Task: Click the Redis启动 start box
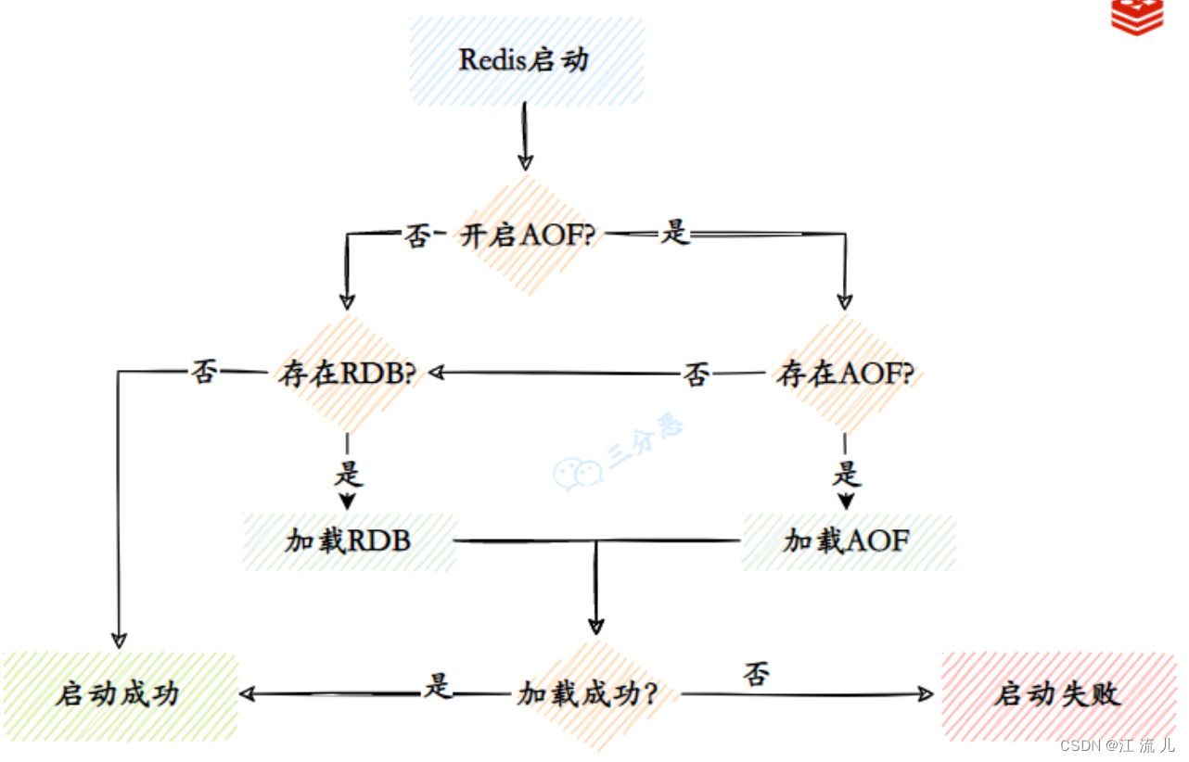tap(526, 61)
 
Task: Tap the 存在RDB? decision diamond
tap(347, 374)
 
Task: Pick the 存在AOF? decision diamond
tap(845, 374)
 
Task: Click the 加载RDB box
tap(349, 540)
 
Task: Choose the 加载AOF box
tap(848, 540)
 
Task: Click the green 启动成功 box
tap(118, 694)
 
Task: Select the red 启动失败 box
tap(1058, 694)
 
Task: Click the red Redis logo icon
tap(1137, 18)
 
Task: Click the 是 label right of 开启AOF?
tap(675, 234)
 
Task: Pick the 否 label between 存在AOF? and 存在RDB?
tap(697, 374)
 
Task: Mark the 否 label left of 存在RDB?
tap(204, 372)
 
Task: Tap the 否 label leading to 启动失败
tap(757, 673)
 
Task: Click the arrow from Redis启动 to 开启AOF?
tap(525, 135)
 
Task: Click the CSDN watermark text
tap(1116, 745)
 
